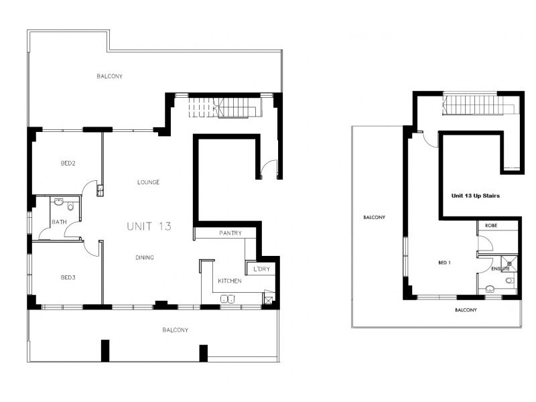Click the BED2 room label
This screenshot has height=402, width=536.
pyautogui.click(x=68, y=163)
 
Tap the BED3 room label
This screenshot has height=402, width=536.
pyautogui.click(x=68, y=277)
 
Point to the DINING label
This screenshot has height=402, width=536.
pyautogui.click(x=144, y=257)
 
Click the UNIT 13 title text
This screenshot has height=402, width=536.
pyautogui.click(x=149, y=226)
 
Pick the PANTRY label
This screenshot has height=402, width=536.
pyautogui.click(x=230, y=233)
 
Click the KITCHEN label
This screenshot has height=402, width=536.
pyautogui.click(x=229, y=281)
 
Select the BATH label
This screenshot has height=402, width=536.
pyautogui.click(x=58, y=222)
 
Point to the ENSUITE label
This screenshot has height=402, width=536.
pyautogui.click(x=500, y=269)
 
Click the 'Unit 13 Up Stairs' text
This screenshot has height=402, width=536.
pyautogui.click(x=476, y=196)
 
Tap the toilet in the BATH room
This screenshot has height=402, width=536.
pyautogui.click(x=70, y=206)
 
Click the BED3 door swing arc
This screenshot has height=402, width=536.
pyautogui.click(x=90, y=248)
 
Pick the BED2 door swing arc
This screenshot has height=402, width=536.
pyautogui.click(x=89, y=190)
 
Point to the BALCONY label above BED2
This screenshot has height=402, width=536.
pyautogui.click(x=109, y=76)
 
